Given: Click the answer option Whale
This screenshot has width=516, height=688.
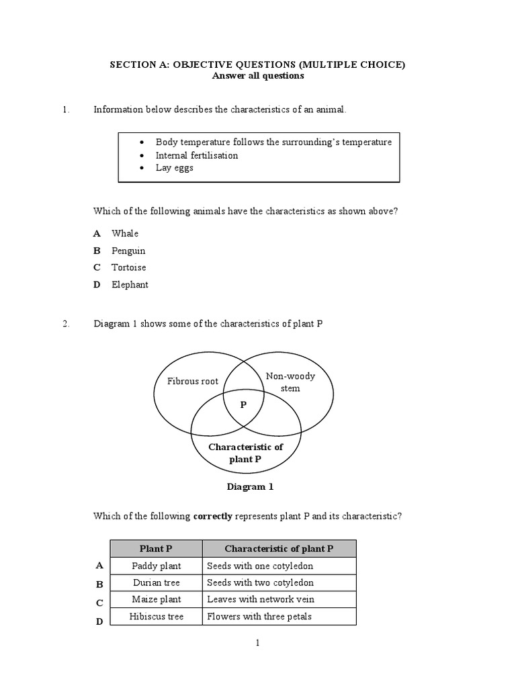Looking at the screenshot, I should [x=125, y=233].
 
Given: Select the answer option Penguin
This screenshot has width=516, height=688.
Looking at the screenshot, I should [x=128, y=251].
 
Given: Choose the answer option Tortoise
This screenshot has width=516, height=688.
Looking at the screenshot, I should [x=128, y=267].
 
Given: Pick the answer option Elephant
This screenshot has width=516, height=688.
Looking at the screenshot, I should [x=130, y=284].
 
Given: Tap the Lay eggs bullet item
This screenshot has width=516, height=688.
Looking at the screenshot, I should [x=174, y=168].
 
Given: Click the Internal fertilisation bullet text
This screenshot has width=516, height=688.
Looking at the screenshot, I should [x=197, y=155].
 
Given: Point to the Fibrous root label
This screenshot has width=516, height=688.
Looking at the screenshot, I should [x=193, y=381].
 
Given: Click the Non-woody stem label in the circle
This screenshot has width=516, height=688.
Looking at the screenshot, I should [x=290, y=382].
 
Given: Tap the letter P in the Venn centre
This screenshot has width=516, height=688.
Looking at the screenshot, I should [x=243, y=405].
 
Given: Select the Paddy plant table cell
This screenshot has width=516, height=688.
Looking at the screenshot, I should [x=157, y=566].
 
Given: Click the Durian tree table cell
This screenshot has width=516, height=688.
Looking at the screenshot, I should [x=157, y=583].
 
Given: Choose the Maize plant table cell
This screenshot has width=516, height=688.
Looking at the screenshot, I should [x=157, y=599].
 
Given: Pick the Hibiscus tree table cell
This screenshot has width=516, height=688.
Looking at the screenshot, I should [x=157, y=616].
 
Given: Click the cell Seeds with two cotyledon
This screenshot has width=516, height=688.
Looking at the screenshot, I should [x=261, y=583].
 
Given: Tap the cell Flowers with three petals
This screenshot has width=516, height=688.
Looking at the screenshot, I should [x=259, y=616].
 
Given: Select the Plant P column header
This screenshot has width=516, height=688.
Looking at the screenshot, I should [x=157, y=549].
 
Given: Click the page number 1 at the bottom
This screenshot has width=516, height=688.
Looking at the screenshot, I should [x=257, y=643].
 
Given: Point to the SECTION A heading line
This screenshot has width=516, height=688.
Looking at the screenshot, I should [x=257, y=64].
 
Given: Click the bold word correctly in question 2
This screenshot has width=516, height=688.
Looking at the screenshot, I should [x=213, y=517].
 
